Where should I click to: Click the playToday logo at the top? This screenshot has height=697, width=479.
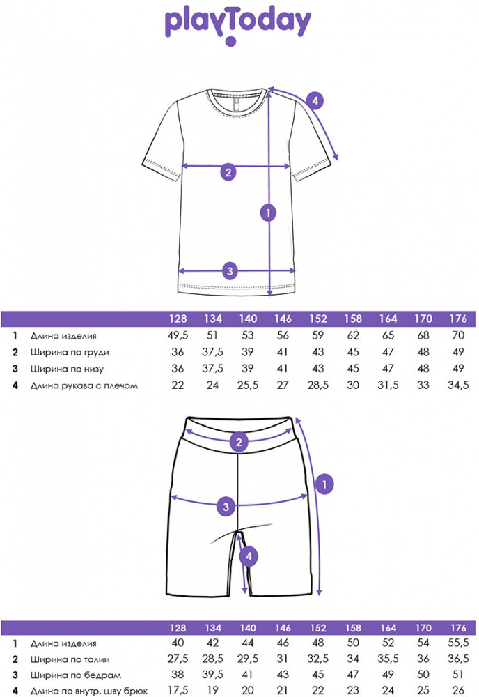click(x=237, y=24)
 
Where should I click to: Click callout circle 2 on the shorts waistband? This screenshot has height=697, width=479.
click(x=239, y=441)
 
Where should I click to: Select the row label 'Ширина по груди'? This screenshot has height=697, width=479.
click(x=70, y=353)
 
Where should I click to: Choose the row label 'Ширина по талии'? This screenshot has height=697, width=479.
click(x=70, y=659)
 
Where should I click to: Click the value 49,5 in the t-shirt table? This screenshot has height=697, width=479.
click(x=179, y=336)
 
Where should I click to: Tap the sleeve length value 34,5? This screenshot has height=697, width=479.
click(x=457, y=385)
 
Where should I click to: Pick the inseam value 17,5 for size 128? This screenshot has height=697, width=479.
click(x=179, y=691)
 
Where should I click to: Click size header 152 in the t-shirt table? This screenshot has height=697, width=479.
click(x=318, y=319)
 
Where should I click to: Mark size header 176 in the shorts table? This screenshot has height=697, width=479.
click(x=457, y=627)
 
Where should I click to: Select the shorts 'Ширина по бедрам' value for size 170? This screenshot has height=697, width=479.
click(x=423, y=675)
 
